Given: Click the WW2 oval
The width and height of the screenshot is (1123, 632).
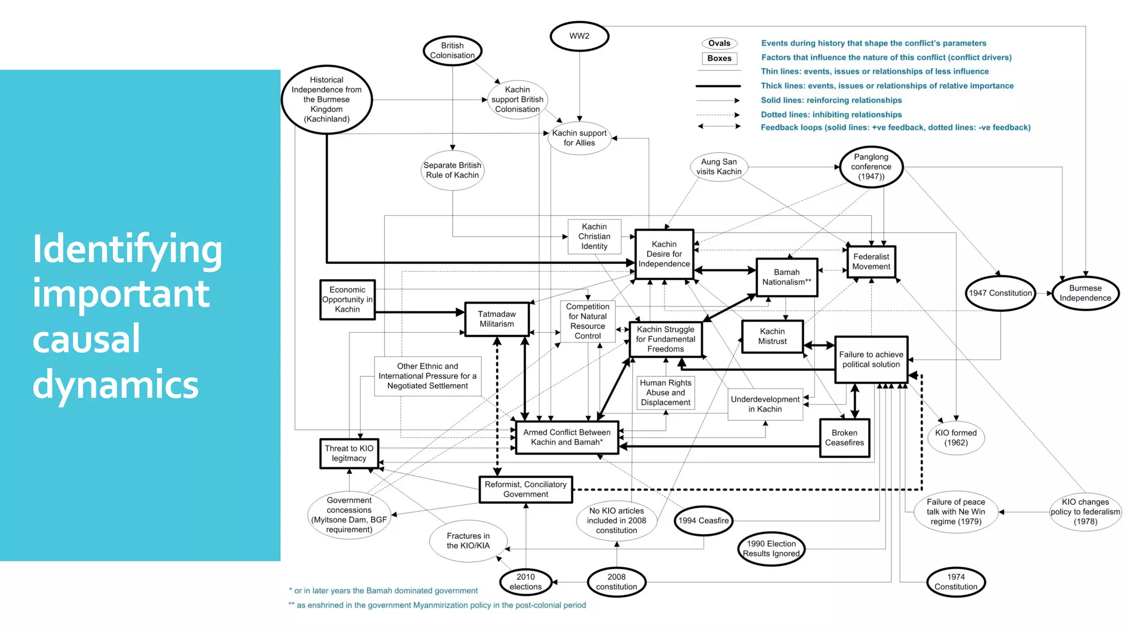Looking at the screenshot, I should [x=579, y=36].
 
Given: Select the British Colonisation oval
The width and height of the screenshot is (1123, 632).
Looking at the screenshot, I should [x=452, y=50].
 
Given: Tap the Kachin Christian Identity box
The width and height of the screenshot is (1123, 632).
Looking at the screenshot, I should [x=594, y=236].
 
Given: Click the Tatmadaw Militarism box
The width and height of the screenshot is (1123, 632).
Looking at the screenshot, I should [x=497, y=319].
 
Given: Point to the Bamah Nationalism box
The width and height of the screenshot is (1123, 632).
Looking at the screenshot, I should [x=786, y=277].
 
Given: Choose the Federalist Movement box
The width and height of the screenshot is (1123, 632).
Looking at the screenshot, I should [x=871, y=262].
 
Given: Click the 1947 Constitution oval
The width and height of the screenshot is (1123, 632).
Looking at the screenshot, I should [x=1000, y=293].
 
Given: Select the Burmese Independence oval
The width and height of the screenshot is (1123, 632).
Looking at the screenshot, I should [x=1085, y=293].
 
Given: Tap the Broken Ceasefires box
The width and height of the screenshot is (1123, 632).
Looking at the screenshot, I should [x=844, y=438].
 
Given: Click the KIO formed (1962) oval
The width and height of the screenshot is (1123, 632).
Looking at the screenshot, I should [x=956, y=438].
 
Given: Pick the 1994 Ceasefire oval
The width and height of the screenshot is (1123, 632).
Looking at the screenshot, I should [x=704, y=521].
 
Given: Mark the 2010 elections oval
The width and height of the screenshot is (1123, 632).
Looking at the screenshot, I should [x=525, y=582].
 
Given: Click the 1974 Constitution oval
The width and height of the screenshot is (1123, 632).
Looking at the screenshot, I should [x=956, y=582].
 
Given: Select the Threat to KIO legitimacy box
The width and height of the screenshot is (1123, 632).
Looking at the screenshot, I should [x=349, y=453].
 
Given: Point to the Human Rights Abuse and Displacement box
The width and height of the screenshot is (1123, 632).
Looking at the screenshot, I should [x=665, y=393].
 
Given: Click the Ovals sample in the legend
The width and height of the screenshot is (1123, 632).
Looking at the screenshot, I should [x=719, y=43].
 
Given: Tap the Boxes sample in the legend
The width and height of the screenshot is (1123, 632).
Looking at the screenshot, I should [x=719, y=58].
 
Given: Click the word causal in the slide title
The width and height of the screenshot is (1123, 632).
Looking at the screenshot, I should [x=86, y=338].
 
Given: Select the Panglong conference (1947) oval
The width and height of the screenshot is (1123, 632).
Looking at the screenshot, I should [x=871, y=167].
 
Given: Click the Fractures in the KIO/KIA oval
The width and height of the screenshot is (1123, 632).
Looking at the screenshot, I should [x=468, y=541].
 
